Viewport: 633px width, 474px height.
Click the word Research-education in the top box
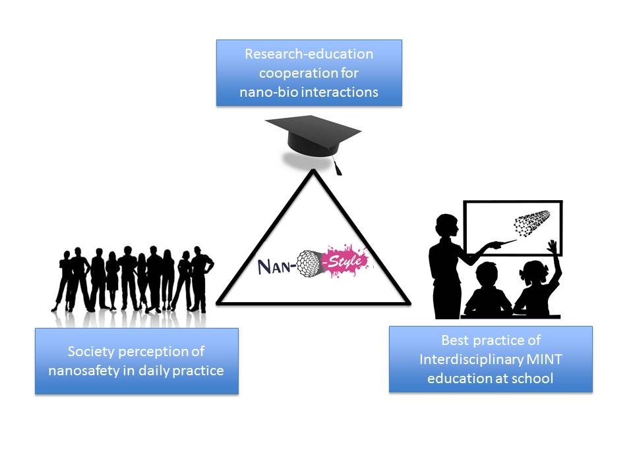pos(309,54)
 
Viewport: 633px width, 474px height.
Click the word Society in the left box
pos(90,352)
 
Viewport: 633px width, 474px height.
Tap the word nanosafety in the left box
pos(82,371)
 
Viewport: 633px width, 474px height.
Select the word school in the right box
pos(535,379)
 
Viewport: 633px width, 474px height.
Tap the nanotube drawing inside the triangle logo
pos(309,265)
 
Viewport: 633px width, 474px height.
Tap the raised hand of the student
pos(553,247)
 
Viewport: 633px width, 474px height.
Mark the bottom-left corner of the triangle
pos(218,303)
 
